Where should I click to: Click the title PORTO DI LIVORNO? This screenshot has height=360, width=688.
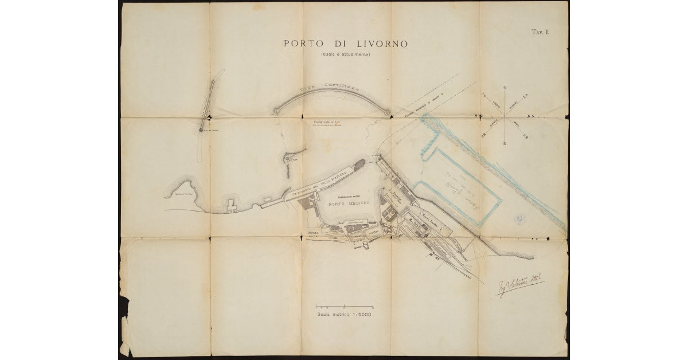click(x=345, y=44)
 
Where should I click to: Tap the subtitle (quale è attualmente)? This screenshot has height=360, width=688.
click(x=345, y=54)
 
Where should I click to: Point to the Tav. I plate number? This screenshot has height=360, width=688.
click(x=541, y=33)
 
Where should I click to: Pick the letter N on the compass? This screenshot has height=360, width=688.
click(x=533, y=116)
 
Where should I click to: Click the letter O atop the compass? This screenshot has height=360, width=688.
click(x=505, y=88)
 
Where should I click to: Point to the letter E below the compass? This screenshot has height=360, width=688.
click(x=505, y=143)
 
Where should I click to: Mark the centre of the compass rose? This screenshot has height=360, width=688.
click(x=505, y=116)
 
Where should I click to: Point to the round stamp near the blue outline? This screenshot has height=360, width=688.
click(x=521, y=218)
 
